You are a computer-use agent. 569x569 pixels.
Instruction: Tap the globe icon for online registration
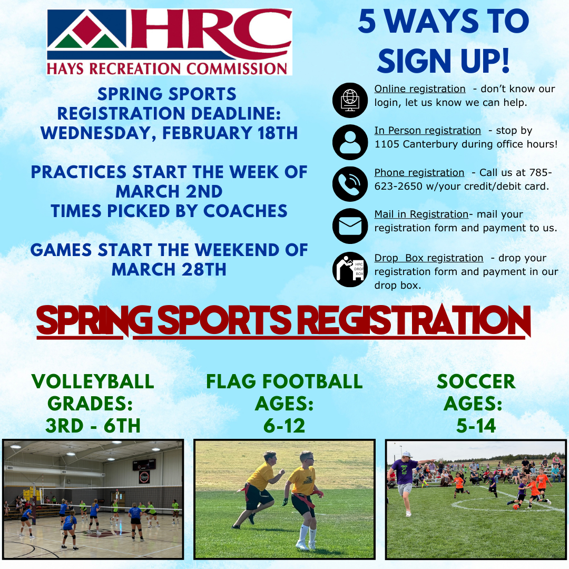tap(350, 100)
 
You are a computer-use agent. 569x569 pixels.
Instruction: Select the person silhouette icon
tap(350, 142)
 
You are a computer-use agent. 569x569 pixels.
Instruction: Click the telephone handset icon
tap(350, 184)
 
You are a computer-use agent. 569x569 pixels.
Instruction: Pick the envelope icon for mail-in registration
tap(350, 226)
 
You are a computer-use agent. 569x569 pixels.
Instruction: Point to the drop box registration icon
tap(350, 269)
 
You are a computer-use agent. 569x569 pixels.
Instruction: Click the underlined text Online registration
tap(420, 89)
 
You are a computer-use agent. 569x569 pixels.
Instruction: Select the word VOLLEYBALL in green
tap(93, 381)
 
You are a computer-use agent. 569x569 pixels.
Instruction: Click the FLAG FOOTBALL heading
tap(284, 381)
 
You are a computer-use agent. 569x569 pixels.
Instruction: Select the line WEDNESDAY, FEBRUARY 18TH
tap(169, 133)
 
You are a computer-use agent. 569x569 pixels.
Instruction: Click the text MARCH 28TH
tap(169, 269)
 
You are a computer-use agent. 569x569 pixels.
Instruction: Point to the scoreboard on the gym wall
tap(144, 465)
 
